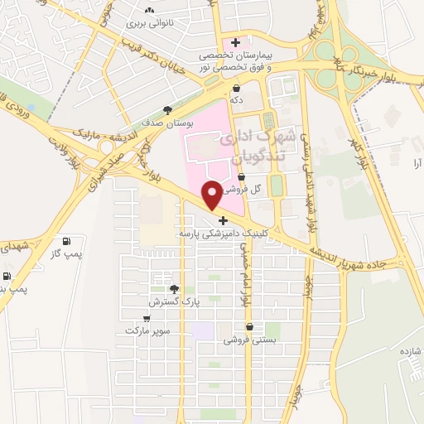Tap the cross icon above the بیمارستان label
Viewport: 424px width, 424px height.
236,42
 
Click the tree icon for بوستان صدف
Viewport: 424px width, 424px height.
169,109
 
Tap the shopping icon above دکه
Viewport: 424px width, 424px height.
237,87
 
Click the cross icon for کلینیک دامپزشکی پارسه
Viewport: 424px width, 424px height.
223,220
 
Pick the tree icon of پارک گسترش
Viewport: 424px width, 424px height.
174,289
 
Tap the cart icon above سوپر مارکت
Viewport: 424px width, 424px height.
147,318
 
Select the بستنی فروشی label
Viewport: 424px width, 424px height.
244,340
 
